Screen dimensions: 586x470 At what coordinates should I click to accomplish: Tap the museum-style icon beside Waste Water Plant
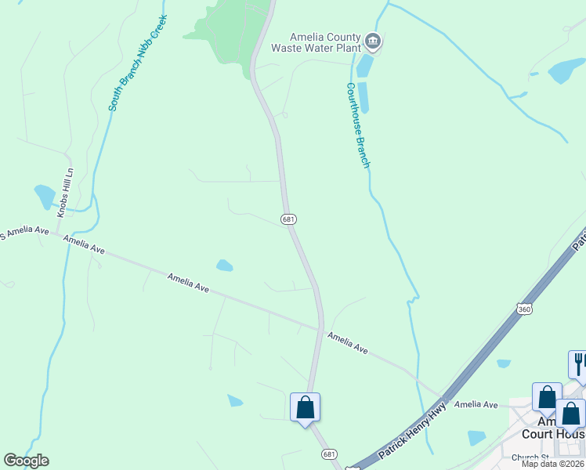click(373, 42)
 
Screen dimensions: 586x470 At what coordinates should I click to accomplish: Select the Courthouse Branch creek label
click(357, 125)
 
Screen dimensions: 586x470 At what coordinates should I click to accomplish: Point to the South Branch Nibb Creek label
click(138, 67)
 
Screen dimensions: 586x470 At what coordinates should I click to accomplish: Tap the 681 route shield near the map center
click(288, 219)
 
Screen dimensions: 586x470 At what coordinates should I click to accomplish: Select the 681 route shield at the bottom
click(330, 454)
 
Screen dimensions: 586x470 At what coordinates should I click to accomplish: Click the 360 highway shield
click(524, 309)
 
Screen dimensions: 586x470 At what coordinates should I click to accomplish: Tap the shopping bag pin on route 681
click(306, 407)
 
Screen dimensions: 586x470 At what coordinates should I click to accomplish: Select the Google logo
click(26, 461)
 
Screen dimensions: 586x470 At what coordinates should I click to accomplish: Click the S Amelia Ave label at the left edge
click(24, 233)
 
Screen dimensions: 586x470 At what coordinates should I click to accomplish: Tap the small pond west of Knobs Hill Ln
click(45, 195)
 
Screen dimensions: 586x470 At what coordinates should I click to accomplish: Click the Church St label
click(530, 457)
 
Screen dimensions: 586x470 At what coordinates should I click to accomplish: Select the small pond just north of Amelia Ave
click(225, 266)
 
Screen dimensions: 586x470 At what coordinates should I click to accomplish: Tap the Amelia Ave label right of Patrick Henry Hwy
click(476, 404)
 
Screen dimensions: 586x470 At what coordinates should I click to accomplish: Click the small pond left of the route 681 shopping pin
click(235, 401)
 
